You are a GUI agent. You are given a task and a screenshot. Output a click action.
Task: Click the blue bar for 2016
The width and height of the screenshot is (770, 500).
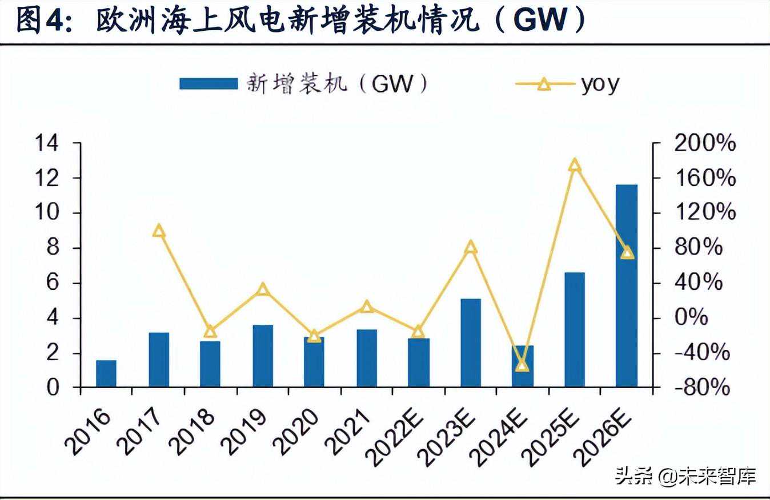click(106, 373)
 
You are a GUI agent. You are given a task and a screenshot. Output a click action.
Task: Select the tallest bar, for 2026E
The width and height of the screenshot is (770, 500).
click(627, 285)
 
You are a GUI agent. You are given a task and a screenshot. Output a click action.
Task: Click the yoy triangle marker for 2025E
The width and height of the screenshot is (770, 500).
click(575, 166)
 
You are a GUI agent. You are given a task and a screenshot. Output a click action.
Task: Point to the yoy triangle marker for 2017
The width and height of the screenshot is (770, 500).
click(159, 231)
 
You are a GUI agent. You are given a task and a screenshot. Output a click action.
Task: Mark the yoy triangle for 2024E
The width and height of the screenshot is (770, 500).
click(522, 364)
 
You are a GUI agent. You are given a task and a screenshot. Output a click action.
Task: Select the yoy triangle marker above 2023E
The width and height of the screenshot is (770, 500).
click(471, 247)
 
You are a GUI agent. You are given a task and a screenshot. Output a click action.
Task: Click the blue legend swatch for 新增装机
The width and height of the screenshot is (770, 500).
click(208, 84)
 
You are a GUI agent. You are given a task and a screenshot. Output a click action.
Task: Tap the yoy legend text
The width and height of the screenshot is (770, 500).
click(600, 84)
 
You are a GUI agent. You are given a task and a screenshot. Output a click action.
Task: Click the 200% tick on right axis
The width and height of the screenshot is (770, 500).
click(705, 143)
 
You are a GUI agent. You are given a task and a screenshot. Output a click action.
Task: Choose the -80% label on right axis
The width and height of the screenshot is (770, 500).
click(702, 388)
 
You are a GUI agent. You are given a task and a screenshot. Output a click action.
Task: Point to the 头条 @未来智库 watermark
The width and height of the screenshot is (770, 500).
click(685, 475)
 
